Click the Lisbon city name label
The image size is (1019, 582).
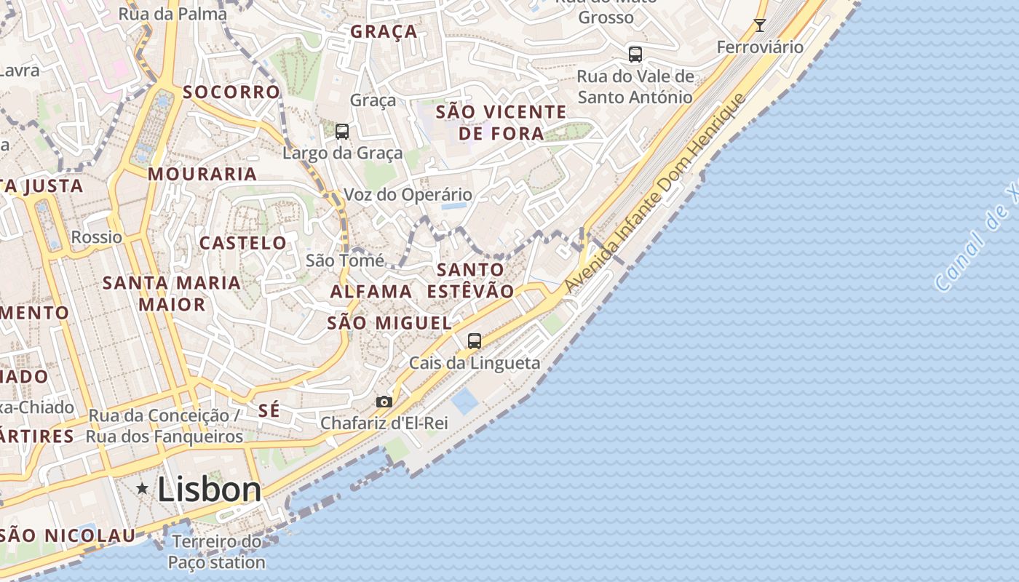209,490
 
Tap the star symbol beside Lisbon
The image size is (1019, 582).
143,489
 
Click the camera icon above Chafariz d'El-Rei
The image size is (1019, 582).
384,402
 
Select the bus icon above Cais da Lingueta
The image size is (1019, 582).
475,340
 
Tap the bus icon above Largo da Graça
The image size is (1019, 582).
342,132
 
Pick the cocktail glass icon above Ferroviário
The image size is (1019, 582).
760,25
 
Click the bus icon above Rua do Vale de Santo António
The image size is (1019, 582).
635,54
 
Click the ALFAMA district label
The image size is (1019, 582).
371,292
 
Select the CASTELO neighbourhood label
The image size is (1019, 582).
243,243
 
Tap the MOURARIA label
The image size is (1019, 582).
202,175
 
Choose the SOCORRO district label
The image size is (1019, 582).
231,92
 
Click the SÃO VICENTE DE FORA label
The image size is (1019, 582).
501,123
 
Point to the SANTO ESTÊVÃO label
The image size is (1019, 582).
470,280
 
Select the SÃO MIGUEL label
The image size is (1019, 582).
389,323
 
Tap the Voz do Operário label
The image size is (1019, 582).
408,195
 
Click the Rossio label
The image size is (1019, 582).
97,237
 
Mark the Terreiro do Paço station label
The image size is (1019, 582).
217,552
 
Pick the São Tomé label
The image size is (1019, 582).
344,260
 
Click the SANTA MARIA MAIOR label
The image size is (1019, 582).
172,293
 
